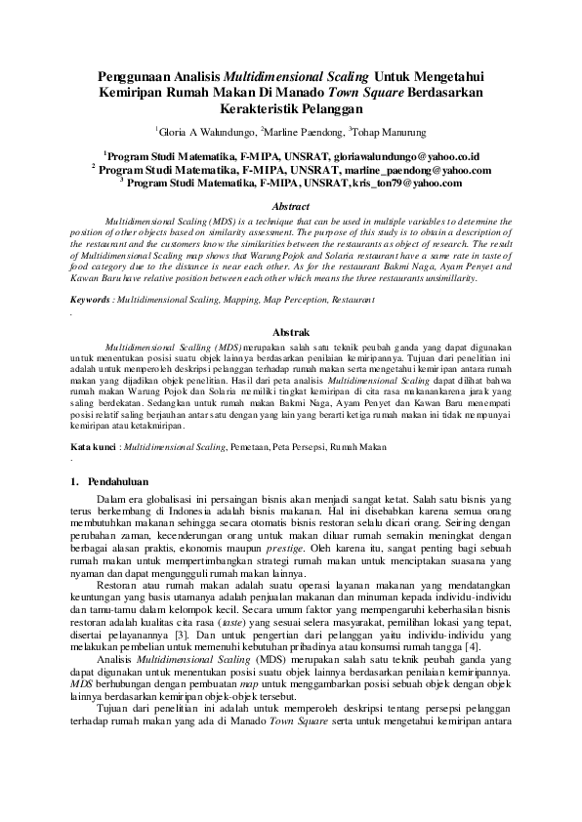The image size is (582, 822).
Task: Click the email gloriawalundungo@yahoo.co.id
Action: point(391,155)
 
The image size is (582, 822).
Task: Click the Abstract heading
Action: point(290,206)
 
